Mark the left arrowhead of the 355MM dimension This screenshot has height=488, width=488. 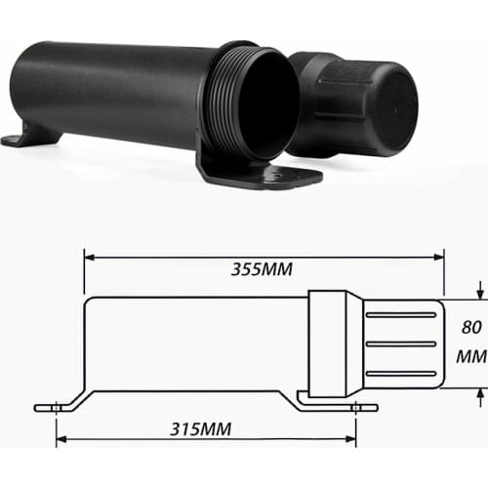click(x=88, y=258)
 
